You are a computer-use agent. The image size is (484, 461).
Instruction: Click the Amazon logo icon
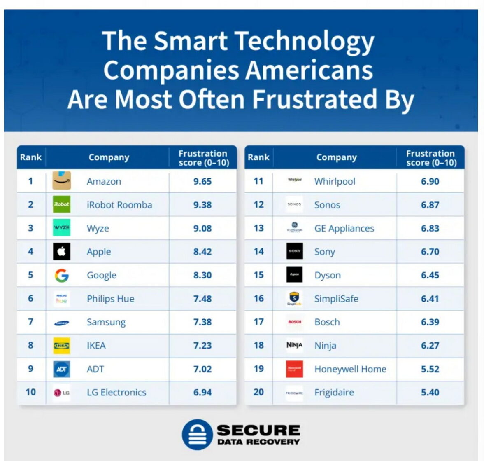pyautogui.click(x=62, y=181)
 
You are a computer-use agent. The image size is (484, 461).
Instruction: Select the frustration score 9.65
pyautogui.click(x=202, y=181)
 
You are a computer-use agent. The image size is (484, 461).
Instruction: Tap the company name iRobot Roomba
pyautogui.click(x=119, y=205)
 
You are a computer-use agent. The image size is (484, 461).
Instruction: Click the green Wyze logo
pyautogui.click(x=62, y=228)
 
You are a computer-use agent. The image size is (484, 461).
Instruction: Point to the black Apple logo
pyautogui.click(x=62, y=251)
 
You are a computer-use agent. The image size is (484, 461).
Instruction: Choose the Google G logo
pyautogui.click(x=62, y=275)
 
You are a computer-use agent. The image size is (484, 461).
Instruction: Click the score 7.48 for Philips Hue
pyautogui.click(x=202, y=299)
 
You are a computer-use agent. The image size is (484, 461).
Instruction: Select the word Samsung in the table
pyautogui.click(x=106, y=322)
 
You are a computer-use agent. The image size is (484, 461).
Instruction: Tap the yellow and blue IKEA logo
pyautogui.click(x=62, y=346)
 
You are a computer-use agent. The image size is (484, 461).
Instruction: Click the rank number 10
pyautogui.click(x=31, y=392)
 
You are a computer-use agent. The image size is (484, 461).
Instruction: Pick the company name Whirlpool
pyautogui.click(x=335, y=181)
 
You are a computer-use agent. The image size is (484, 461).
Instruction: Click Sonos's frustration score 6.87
pyautogui.click(x=430, y=205)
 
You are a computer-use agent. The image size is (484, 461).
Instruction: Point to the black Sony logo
pyautogui.click(x=295, y=251)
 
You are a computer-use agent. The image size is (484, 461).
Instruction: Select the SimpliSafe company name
pyautogui.click(x=336, y=299)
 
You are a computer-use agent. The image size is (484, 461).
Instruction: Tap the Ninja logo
pyautogui.click(x=295, y=345)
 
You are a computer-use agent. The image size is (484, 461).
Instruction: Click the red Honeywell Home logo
pyautogui.click(x=295, y=369)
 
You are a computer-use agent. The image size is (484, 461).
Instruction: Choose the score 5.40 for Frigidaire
pyautogui.click(x=430, y=392)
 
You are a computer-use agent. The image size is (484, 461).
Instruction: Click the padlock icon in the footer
pyautogui.click(x=197, y=435)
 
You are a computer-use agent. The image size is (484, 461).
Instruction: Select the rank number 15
pyautogui.click(x=258, y=275)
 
